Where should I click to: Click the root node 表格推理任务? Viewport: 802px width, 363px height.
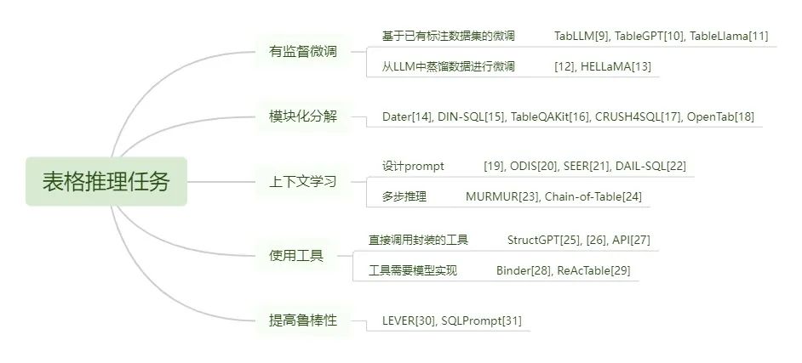[106, 181]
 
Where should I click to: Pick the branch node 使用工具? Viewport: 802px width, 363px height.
[296, 255]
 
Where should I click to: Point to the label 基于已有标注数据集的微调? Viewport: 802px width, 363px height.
[449, 36]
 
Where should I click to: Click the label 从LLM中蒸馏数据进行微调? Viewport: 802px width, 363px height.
[449, 66]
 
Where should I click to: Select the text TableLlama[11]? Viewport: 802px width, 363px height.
[729, 36]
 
